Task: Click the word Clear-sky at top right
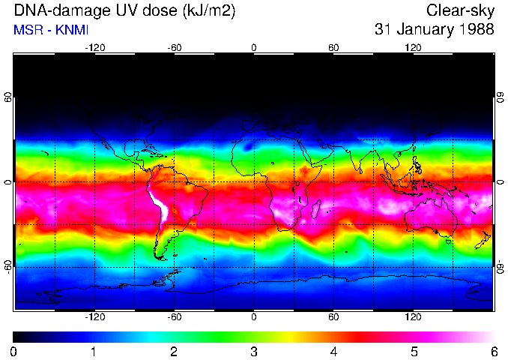coord(461,10)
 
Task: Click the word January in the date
coord(424,30)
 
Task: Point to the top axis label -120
coord(94,47)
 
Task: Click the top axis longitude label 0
coord(253,47)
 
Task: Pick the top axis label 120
coord(413,47)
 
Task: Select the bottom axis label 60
coord(333,316)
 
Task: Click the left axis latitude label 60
coord(7,97)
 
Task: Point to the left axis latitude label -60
coord(7,266)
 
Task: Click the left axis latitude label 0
coord(7,181)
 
